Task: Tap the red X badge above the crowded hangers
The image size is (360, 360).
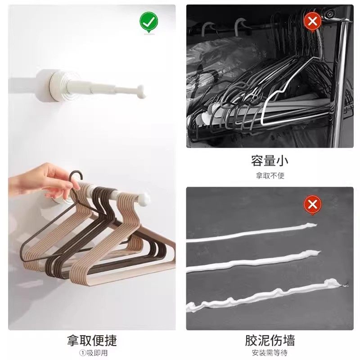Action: coord(312,21)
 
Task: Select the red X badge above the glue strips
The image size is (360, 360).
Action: coord(312,205)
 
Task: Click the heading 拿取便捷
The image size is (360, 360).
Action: coord(92,340)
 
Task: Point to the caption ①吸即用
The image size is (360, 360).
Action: coord(92,352)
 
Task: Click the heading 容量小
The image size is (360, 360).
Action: coord(270,161)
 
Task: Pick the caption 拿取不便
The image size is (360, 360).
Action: coord(270,175)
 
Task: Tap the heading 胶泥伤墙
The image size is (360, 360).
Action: coord(270,340)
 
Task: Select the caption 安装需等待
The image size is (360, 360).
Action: coord(270,352)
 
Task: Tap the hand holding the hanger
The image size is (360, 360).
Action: coord(43,180)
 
